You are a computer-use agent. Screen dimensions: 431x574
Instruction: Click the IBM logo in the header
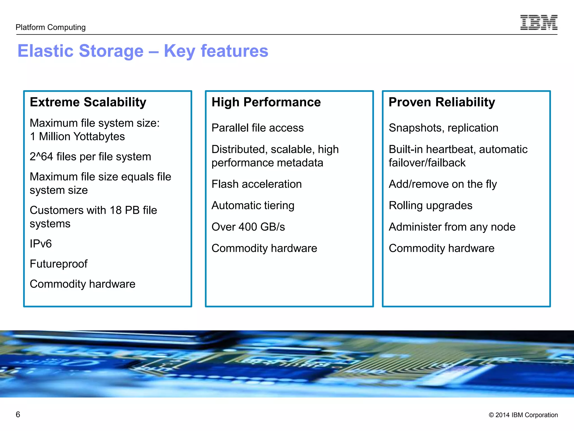click(539, 22)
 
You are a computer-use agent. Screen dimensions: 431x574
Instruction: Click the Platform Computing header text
click(51, 27)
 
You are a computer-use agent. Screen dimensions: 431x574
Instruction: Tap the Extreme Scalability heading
click(88, 102)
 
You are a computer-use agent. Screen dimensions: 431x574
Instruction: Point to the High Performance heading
click(266, 102)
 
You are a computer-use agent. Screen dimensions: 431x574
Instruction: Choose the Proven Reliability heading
click(442, 102)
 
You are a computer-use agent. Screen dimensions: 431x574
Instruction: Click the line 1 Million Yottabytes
click(77, 137)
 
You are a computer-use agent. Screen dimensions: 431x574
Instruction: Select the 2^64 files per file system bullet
click(90, 157)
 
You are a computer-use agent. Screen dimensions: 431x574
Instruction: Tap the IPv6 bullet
click(41, 244)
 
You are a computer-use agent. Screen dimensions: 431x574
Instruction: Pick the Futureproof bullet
click(59, 264)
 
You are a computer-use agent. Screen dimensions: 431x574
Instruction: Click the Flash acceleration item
click(256, 184)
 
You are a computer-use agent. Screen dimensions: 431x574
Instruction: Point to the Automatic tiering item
click(253, 205)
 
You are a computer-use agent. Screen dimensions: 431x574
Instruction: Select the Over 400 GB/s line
click(248, 227)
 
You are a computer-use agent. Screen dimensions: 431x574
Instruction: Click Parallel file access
click(258, 128)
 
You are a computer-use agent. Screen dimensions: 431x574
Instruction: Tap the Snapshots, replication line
click(443, 128)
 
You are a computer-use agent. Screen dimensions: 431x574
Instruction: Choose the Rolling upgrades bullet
click(430, 205)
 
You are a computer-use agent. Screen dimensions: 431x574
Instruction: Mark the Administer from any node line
click(452, 227)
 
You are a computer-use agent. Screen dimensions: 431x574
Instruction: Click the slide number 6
click(18, 414)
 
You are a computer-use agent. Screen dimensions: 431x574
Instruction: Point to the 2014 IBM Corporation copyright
click(523, 415)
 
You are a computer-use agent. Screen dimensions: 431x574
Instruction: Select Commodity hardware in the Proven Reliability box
click(441, 248)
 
